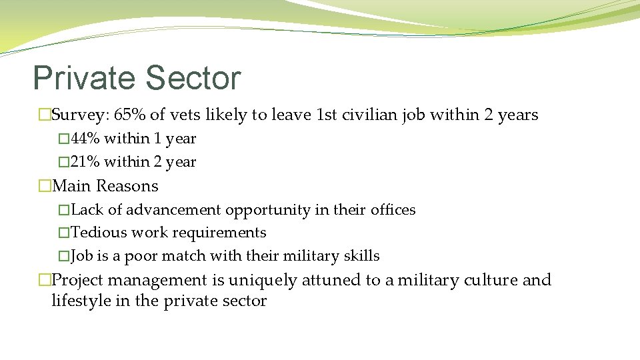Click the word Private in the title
83,78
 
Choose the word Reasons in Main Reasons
127,186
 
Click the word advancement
173,210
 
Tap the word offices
393,210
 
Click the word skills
360,256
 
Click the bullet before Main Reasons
45,186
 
